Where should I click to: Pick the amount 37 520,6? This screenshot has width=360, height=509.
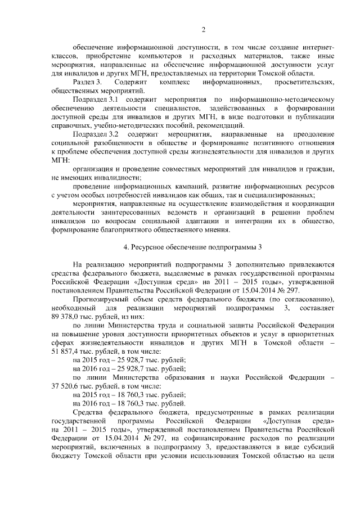(66, 385)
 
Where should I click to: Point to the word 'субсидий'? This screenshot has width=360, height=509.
(318, 445)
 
